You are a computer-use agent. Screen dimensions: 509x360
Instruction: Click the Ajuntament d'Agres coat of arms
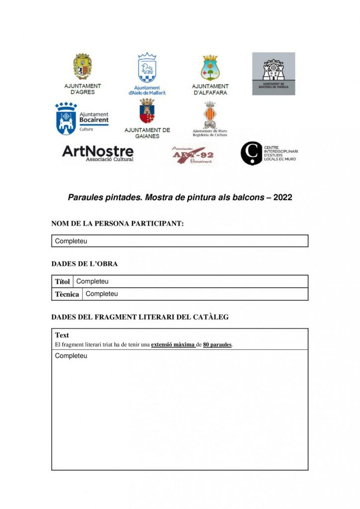pyautogui.click(x=83, y=66)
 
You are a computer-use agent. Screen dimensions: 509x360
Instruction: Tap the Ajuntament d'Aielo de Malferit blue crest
pyautogui.click(x=147, y=68)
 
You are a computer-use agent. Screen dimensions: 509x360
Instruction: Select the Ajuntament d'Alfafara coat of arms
pyautogui.click(x=210, y=68)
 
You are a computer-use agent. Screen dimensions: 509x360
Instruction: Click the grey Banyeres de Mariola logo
pyautogui.click(x=273, y=74)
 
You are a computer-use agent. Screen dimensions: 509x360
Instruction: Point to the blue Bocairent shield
pyautogui.click(x=66, y=119)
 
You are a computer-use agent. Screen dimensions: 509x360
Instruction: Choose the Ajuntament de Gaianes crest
pyautogui.click(x=147, y=112)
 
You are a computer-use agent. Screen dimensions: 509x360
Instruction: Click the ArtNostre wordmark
pyautogui.click(x=97, y=152)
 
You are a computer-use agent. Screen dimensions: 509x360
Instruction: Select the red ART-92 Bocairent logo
pyautogui.click(x=192, y=154)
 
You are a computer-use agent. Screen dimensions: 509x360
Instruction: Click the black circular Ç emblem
pyautogui.click(x=252, y=153)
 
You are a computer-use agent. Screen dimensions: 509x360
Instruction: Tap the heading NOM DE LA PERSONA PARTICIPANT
pyautogui.click(x=117, y=224)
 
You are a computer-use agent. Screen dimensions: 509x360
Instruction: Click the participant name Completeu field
pyautogui.click(x=180, y=241)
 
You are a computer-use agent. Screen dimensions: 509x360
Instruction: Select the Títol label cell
pyautogui.click(x=62, y=282)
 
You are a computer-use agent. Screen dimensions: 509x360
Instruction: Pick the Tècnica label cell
pyautogui.click(x=67, y=294)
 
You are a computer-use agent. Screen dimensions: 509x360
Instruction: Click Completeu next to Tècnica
pyautogui.click(x=102, y=294)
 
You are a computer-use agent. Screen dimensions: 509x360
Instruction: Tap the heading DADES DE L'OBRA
pyautogui.click(x=85, y=264)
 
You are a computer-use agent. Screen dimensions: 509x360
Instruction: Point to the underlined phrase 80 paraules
pyautogui.click(x=217, y=344)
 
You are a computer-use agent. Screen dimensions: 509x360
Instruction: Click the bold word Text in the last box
pyautogui.click(x=62, y=335)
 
